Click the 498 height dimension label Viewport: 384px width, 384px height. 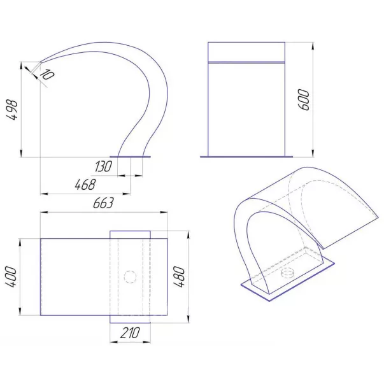12,110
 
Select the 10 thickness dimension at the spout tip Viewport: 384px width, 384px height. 46,75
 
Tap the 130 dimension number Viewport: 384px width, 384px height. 103,167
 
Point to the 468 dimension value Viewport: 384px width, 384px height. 85,185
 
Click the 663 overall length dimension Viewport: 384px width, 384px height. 104,203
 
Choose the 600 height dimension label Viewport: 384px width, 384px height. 304,100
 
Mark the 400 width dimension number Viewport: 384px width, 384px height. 11,277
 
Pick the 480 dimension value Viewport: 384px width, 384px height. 179,277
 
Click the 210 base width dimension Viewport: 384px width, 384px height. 130,333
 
